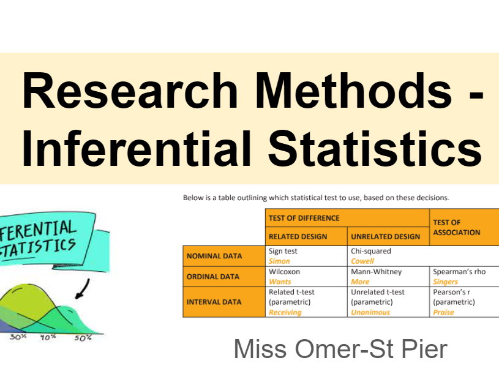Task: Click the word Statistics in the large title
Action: click(376, 149)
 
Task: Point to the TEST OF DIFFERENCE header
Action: click(304, 218)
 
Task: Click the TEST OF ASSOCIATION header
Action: click(456, 227)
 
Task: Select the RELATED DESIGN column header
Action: click(298, 236)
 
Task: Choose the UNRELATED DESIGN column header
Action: click(385, 236)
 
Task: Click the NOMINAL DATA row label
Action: click(214, 256)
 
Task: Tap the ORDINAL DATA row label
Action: click(213, 277)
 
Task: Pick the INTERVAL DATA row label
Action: click(214, 302)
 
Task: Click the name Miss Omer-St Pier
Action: click(340, 350)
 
